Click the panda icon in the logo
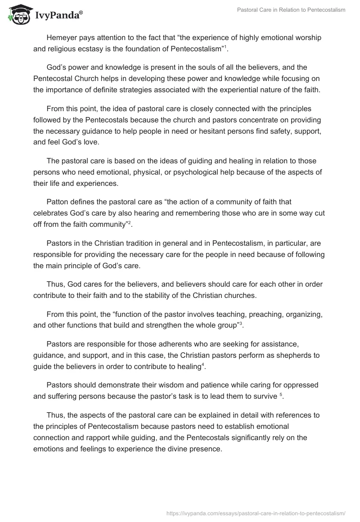pyautogui.click(x=17, y=14)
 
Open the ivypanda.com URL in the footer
pyautogui.click(x=256, y=512)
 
